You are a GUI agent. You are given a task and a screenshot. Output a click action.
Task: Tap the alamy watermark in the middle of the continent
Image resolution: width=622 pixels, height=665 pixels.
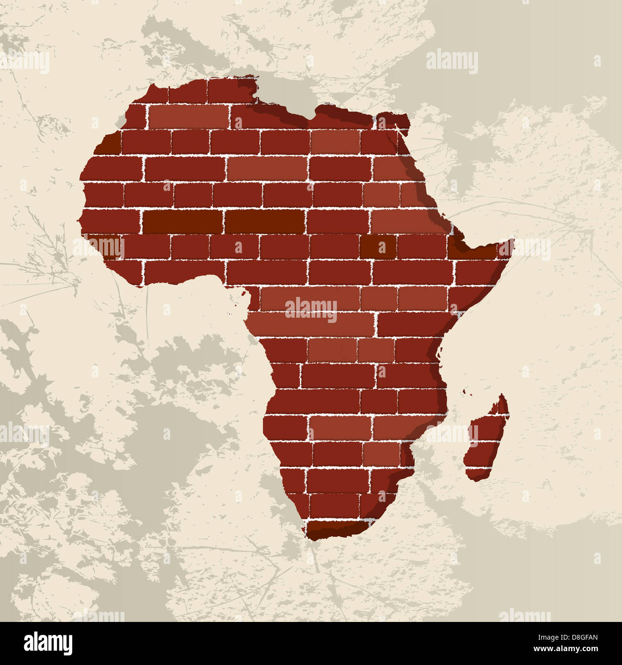311,310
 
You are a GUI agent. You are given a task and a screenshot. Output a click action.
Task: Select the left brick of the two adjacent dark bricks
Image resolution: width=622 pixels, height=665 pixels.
183,222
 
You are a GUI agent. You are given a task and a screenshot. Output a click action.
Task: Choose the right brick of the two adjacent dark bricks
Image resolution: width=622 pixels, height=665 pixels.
264,222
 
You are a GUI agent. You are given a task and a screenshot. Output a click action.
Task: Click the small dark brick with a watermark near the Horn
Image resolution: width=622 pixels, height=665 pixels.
378,246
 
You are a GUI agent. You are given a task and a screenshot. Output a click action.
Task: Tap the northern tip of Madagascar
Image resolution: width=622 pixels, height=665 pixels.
502,396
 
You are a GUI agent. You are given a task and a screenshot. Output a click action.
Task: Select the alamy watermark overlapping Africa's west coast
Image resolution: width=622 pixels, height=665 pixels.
98,247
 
